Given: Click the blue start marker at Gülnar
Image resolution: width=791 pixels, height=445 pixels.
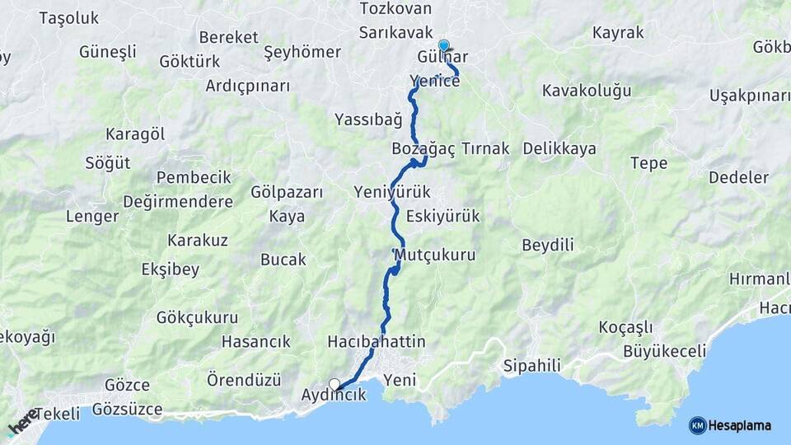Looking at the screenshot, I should click(x=444, y=46).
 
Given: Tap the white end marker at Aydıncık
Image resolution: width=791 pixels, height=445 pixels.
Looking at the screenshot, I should click(x=335, y=383).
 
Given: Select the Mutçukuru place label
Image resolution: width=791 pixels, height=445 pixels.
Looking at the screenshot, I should click(x=436, y=255).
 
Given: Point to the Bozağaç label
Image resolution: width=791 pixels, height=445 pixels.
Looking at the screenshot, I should click(x=418, y=149).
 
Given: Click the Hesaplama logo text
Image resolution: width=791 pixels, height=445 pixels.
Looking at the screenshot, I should click(x=741, y=425).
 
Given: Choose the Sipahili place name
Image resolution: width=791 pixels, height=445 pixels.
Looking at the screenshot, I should click(x=531, y=365).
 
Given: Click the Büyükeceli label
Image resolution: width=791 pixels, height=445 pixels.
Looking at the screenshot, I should click(x=665, y=352).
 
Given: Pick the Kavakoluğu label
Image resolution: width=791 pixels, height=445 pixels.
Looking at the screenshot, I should click(x=587, y=90).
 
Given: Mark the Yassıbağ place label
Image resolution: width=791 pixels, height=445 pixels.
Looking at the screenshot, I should click(x=368, y=119).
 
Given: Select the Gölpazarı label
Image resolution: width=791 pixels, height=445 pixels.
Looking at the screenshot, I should click(x=287, y=192).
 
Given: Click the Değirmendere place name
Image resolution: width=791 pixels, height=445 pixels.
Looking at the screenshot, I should click(x=177, y=202).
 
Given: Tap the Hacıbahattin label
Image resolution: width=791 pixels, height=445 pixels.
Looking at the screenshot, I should click(x=377, y=341).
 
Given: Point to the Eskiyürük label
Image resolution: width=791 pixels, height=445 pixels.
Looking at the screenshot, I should click(x=442, y=216).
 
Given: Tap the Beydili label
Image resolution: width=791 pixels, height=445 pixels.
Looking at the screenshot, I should click(x=548, y=245).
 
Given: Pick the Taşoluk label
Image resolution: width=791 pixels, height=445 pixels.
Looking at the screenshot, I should click(x=68, y=17).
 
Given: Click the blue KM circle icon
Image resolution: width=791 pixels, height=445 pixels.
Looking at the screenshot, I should click(x=697, y=425).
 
